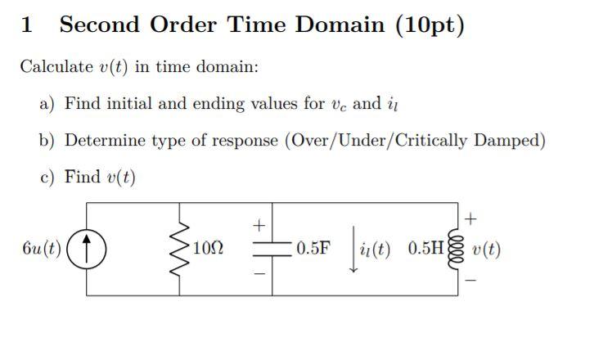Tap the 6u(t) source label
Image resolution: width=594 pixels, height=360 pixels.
42,249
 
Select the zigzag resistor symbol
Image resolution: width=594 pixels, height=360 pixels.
179,249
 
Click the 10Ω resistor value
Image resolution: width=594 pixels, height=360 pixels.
208,248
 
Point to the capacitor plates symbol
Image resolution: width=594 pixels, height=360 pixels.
272,249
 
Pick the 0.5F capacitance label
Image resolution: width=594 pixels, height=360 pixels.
313,248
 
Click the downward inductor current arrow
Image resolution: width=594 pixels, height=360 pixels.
353,249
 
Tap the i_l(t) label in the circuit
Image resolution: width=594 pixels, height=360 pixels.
375,250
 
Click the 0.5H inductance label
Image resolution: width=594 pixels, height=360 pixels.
425,248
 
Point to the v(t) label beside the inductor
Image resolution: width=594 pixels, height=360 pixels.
487,250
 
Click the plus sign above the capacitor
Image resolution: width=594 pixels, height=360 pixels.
259,226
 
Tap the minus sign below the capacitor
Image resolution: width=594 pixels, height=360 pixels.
259,273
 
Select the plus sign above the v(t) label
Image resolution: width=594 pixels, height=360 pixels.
470,218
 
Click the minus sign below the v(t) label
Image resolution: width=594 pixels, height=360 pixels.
470,281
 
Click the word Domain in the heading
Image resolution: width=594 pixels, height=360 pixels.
340,25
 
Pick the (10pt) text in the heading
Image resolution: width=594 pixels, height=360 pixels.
430,25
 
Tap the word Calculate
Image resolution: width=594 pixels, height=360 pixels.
56,67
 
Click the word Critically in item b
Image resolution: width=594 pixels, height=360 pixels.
431,141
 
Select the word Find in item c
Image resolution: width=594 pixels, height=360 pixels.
82,177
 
